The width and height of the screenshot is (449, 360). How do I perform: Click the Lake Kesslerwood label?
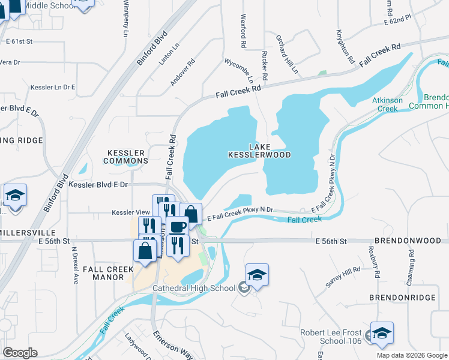click(x=259, y=151)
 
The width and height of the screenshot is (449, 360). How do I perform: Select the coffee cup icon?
click(x=178, y=227)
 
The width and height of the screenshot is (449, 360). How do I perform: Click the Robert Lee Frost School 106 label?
click(x=331, y=337)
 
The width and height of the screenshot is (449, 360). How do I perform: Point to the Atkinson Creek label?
click(x=385, y=104)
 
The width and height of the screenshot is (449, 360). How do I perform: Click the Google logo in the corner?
click(x=20, y=353)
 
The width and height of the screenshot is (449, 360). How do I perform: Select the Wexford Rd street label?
click(x=244, y=31)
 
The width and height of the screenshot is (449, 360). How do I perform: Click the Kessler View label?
click(x=130, y=212)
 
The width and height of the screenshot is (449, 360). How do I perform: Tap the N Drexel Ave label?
click(x=75, y=265)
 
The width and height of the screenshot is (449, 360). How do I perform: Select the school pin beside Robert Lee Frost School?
click(x=382, y=333)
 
